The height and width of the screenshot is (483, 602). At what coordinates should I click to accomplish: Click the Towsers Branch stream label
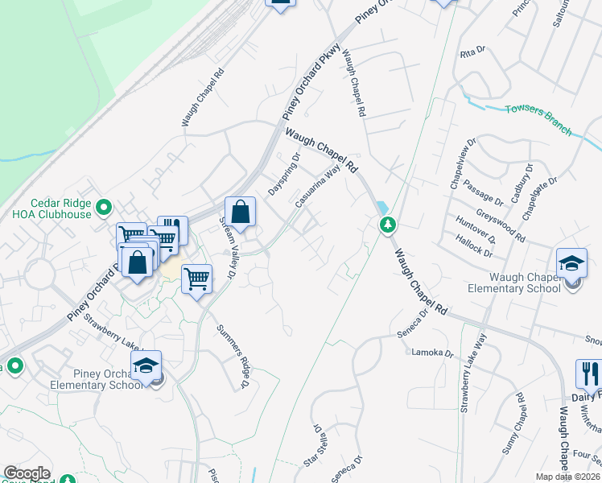click(x=538, y=119)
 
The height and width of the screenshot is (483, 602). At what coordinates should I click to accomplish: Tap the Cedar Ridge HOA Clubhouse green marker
click(x=103, y=209)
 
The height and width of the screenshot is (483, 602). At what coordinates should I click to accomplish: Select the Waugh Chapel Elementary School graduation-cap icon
click(x=571, y=263)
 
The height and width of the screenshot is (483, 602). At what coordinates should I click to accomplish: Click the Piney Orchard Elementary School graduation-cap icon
click(x=146, y=366)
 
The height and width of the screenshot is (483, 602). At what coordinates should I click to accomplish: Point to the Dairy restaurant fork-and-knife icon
click(x=589, y=373)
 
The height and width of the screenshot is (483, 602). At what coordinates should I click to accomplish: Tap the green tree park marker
click(x=389, y=225)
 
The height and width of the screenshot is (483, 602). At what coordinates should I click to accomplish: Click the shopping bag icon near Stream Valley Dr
click(x=240, y=213)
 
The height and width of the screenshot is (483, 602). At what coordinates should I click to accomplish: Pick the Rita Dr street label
click(x=473, y=53)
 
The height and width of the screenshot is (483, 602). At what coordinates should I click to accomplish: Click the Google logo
click(x=27, y=473)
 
